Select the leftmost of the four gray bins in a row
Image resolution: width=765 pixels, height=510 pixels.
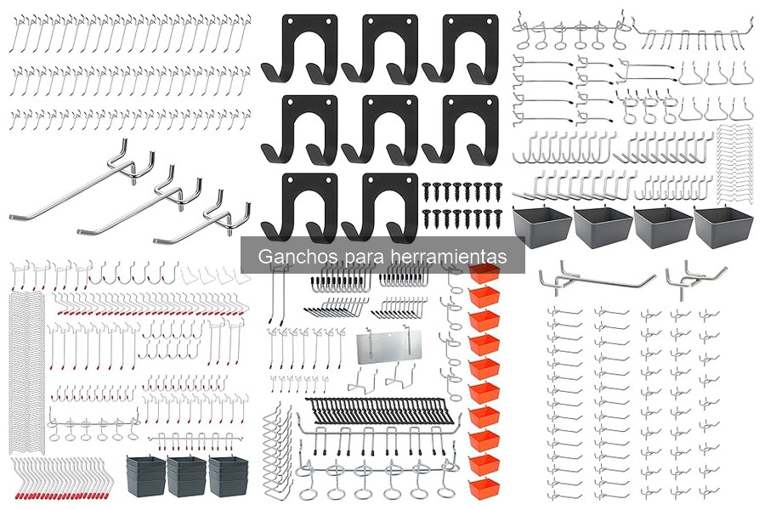[542, 227]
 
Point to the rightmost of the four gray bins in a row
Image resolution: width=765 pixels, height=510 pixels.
[723, 227]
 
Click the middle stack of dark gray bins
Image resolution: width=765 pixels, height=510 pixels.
[187, 476]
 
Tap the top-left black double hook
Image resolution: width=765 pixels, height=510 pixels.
[299, 48]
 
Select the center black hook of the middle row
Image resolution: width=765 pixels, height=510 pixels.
[380, 129]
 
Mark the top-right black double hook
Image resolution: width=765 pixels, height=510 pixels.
[460, 48]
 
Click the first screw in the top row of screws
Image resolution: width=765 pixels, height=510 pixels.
[427, 190]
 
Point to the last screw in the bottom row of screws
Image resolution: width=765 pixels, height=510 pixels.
[499, 218]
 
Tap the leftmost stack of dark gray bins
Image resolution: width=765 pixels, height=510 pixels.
[146, 476]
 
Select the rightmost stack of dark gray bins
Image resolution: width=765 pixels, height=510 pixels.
[229, 476]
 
